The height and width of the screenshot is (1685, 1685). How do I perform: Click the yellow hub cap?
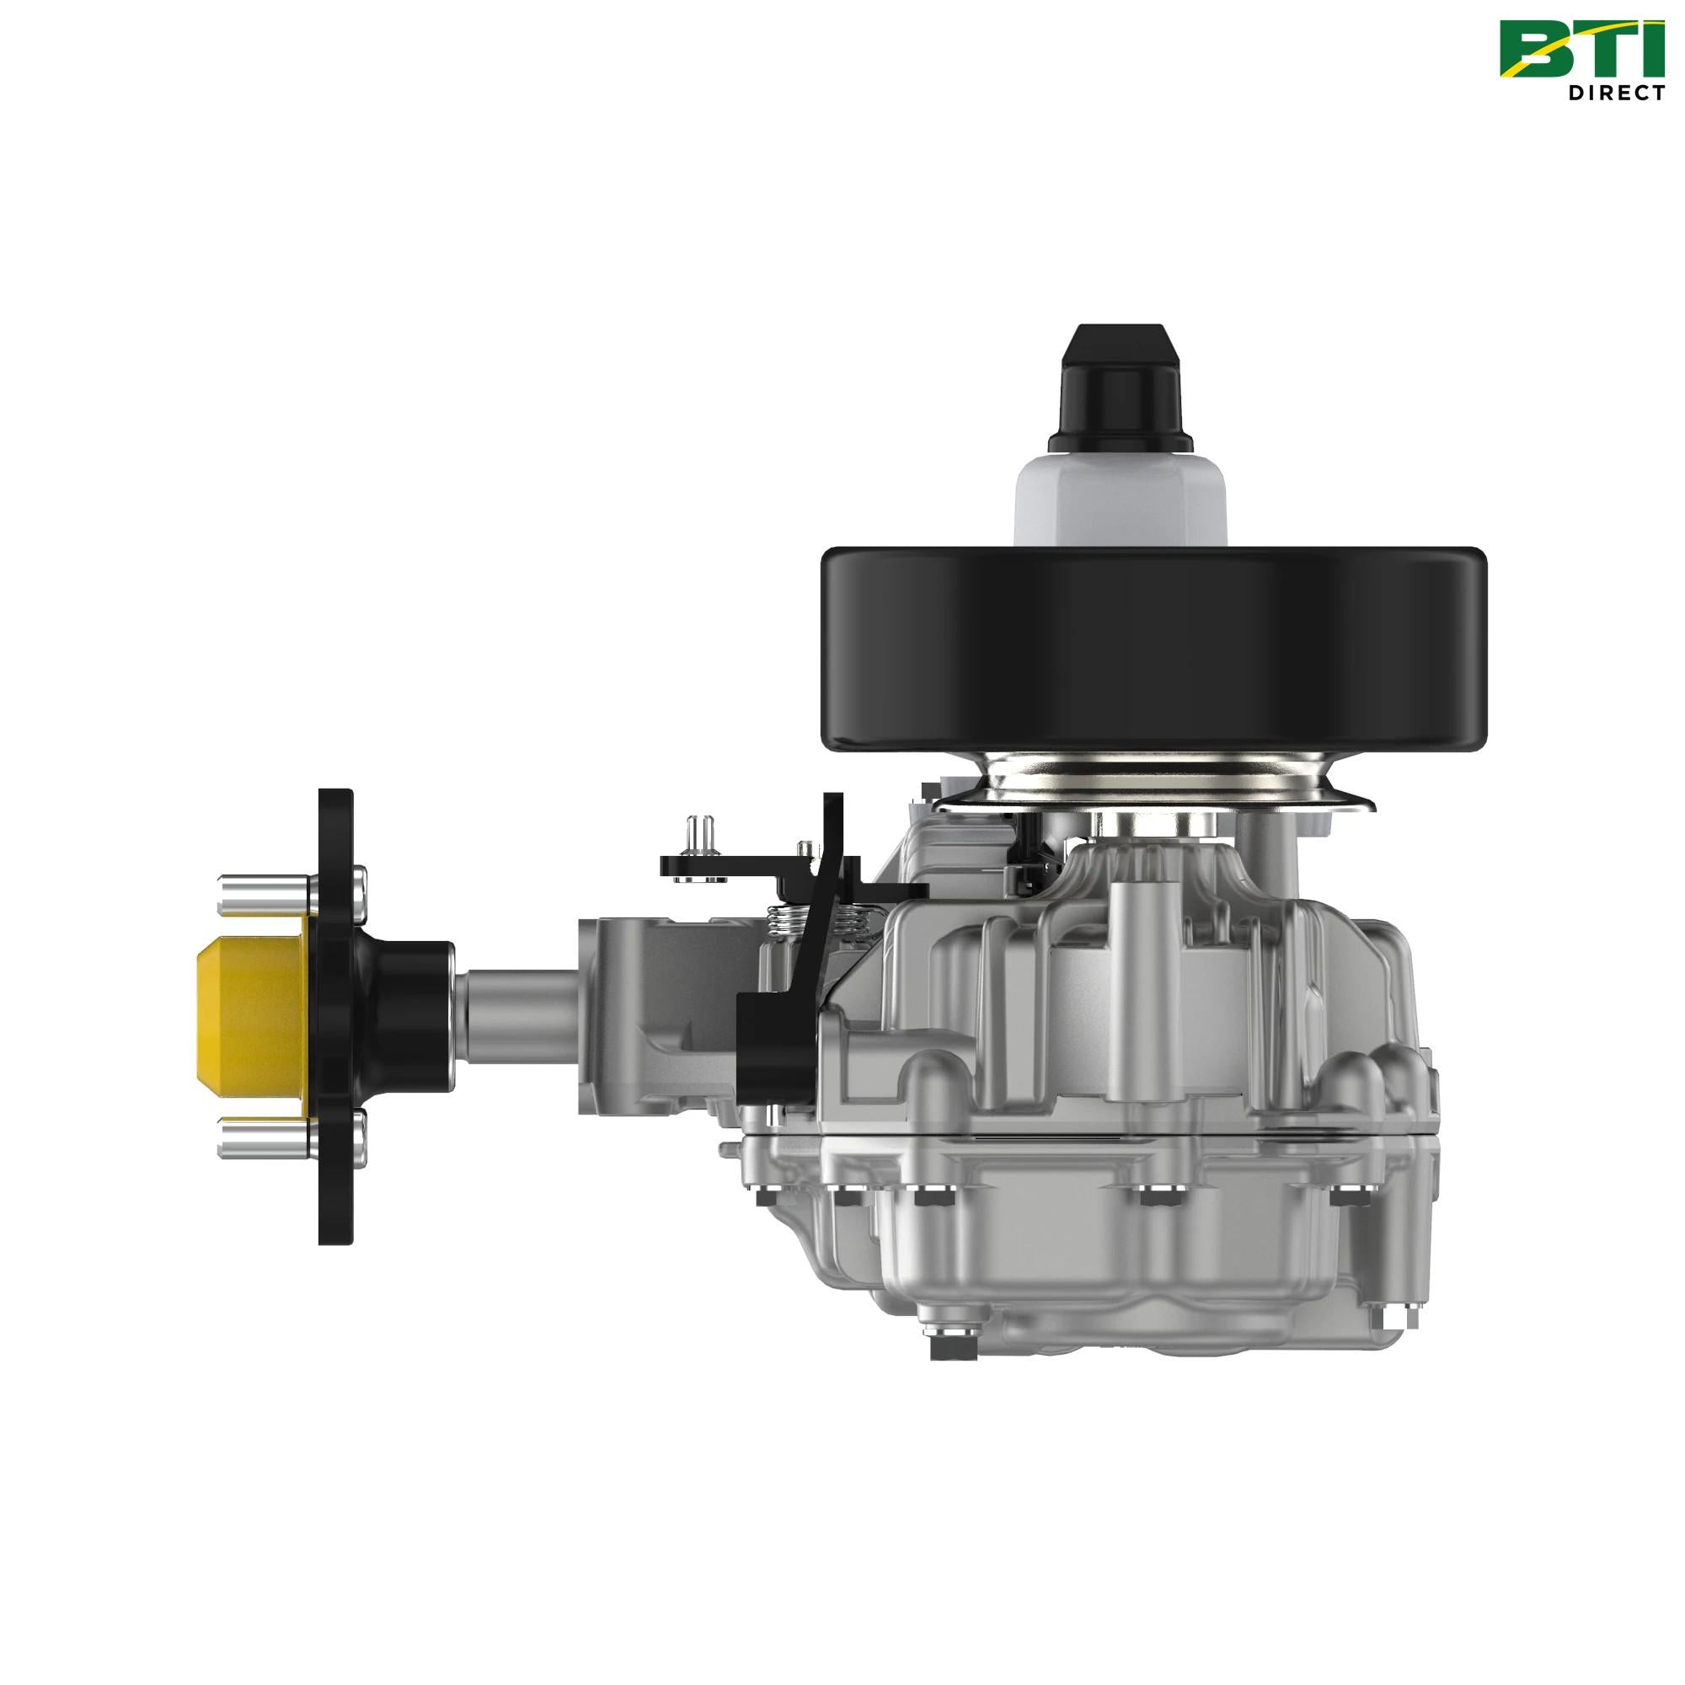[x=249, y=1020]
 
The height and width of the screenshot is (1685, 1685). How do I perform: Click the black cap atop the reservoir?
[x=1121, y=388]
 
